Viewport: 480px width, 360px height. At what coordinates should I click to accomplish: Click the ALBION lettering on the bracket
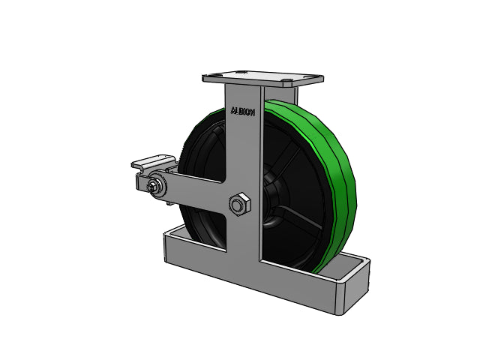coord(242,112)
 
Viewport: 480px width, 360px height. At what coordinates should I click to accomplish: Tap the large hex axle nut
coord(240,204)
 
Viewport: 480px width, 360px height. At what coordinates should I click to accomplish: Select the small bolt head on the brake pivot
coord(151,186)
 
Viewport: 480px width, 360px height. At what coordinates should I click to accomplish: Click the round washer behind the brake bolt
coord(157,185)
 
